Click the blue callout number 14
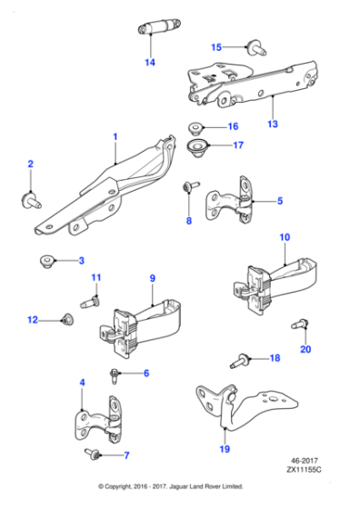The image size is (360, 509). point(150,63)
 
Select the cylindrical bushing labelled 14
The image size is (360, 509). point(159,25)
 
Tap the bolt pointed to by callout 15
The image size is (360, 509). point(256,47)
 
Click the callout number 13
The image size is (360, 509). point(273,124)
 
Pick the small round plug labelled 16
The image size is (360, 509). point(195,127)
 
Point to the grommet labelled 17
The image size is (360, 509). point(197,147)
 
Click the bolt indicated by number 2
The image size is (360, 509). point(31,201)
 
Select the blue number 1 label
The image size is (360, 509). point(115,136)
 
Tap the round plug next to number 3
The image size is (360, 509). point(47,262)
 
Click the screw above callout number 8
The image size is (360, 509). point(191,186)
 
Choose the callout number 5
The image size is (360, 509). point(280,201)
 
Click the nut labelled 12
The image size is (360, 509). point(68,319)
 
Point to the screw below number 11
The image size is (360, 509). point(90,302)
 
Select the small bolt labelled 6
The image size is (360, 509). point(115,376)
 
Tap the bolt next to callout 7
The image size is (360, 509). point(93,454)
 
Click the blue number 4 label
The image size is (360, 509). point(82,383)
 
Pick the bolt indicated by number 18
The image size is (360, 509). point(240,362)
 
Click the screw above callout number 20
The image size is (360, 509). point(300,324)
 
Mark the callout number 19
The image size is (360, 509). point(225,449)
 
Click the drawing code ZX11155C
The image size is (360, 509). point(304,470)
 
